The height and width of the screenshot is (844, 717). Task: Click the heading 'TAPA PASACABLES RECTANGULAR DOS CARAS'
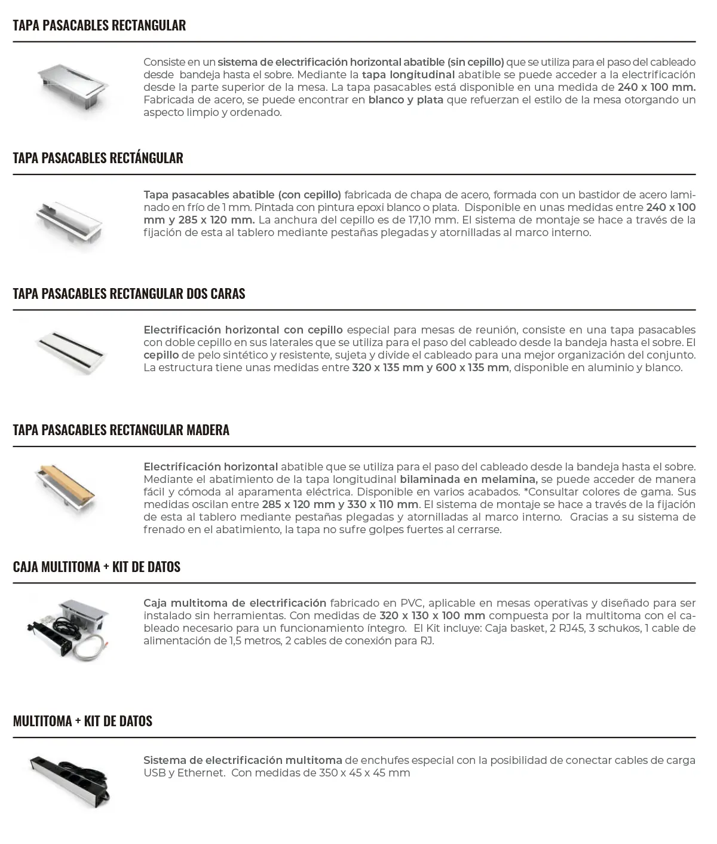point(129,293)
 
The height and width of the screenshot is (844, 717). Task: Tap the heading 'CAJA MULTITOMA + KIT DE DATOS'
point(97,567)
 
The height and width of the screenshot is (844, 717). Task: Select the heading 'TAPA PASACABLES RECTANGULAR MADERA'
point(121,430)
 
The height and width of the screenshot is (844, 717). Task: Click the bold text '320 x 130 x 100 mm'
point(432,616)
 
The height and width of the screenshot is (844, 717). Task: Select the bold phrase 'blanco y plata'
point(406,100)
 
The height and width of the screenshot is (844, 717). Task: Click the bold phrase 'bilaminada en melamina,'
point(468,479)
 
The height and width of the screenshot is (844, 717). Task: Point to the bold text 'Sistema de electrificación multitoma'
point(243,760)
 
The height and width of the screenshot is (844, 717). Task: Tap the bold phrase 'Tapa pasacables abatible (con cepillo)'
point(242,195)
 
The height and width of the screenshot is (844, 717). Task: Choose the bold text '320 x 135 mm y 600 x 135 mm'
point(430,368)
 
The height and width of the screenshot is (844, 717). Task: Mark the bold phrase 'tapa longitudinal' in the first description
point(408,75)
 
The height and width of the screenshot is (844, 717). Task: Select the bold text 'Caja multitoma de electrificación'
point(235,603)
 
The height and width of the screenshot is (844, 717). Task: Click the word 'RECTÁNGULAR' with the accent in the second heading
point(146,158)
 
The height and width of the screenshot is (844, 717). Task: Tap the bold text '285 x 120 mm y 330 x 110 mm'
point(340,504)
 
